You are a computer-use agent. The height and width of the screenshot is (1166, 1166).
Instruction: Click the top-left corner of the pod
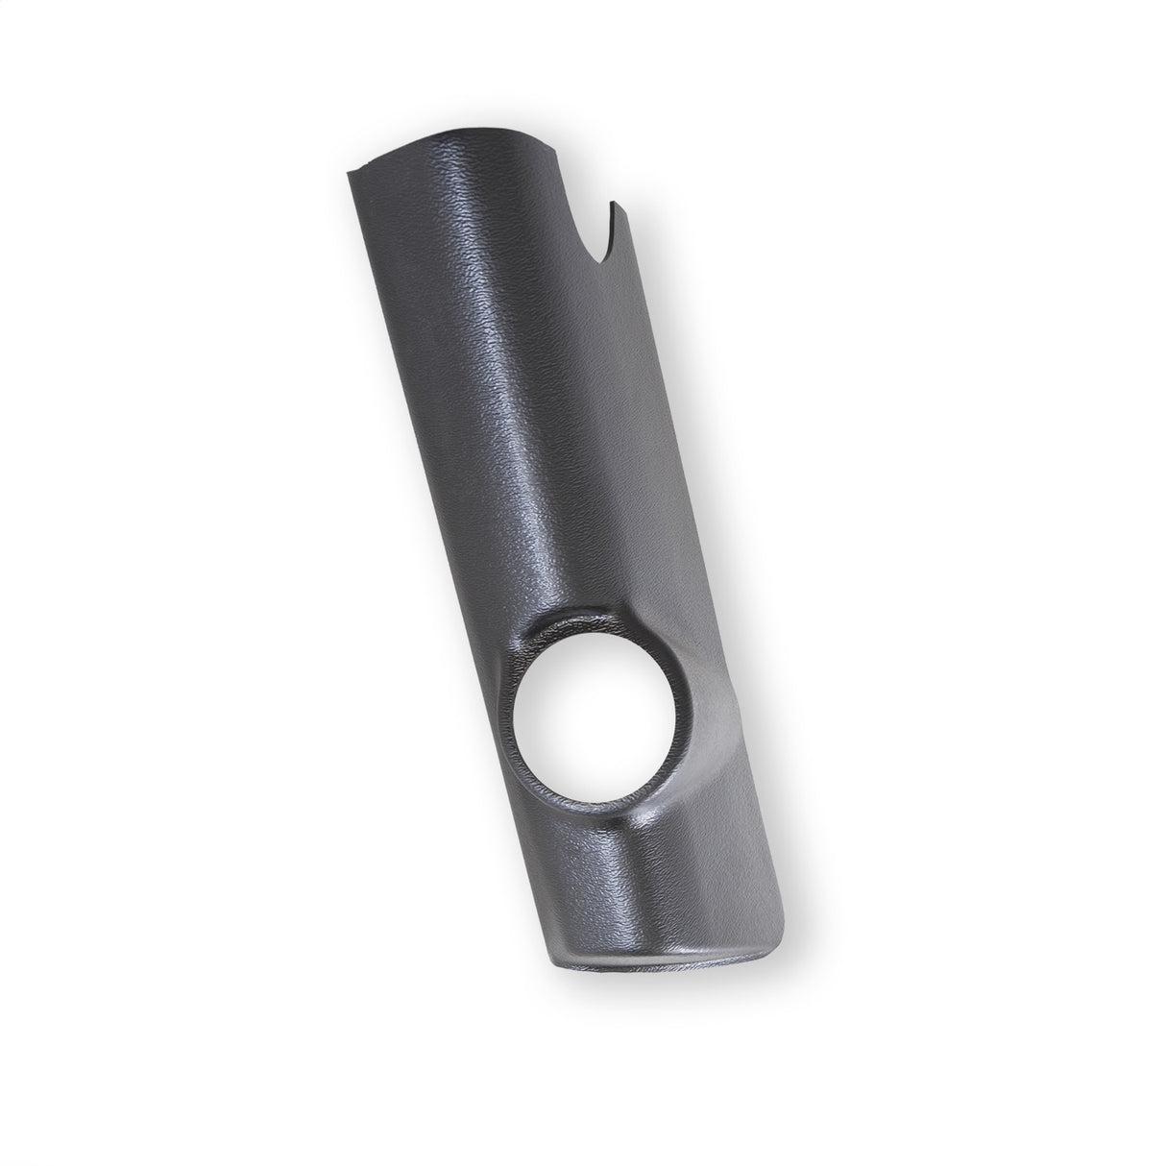tap(346, 174)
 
